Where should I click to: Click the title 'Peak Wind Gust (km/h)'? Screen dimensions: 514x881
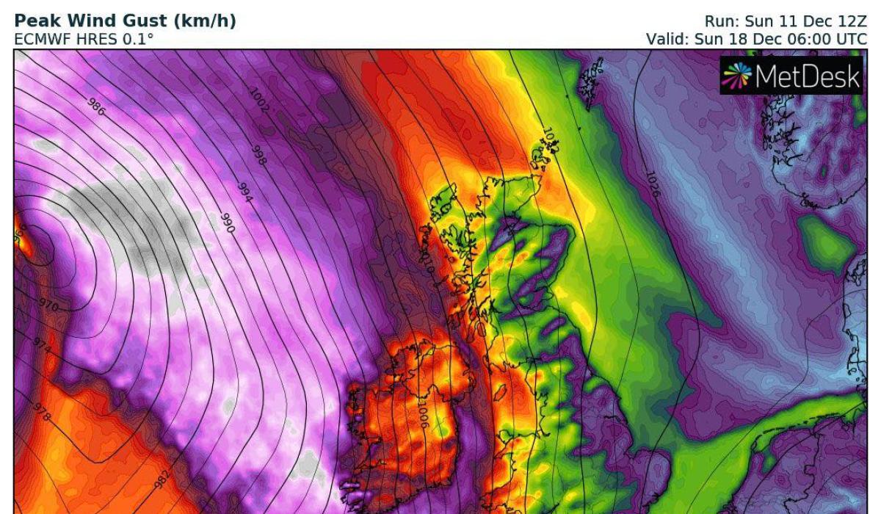click(x=126, y=21)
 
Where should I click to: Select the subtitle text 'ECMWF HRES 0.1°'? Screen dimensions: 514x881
click(x=84, y=38)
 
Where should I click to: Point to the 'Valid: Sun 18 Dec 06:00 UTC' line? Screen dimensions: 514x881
click(x=756, y=38)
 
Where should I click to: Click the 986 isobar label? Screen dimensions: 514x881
click(x=96, y=108)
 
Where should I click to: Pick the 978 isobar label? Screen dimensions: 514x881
click(x=43, y=413)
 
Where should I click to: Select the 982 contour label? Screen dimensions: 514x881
click(x=163, y=478)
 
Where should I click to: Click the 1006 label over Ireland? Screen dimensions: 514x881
click(x=423, y=416)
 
